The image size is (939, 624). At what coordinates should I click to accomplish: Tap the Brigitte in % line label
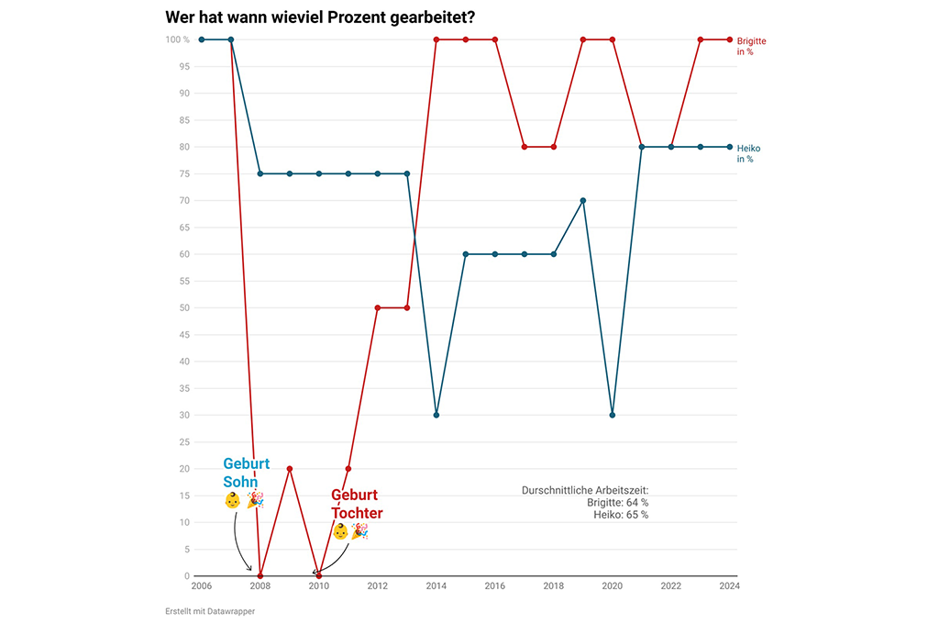[x=751, y=46]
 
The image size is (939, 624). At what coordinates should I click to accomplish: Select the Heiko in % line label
[x=748, y=153]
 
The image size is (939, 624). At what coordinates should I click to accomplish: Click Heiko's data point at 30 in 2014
[x=436, y=415]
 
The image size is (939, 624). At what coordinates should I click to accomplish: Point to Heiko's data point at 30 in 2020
[x=613, y=415]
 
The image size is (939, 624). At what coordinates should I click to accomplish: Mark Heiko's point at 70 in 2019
[x=583, y=200]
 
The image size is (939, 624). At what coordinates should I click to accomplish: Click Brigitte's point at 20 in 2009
[x=290, y=469]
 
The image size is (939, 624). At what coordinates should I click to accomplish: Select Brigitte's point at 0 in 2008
[x=260, y=576]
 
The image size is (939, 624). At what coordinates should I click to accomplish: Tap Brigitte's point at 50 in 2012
[x=378, y=307]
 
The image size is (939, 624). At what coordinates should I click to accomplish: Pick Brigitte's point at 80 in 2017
[x=525, y=147]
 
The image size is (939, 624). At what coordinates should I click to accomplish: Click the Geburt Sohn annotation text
[x=246, y=473]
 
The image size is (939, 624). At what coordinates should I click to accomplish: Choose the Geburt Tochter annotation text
[x=357, y=504]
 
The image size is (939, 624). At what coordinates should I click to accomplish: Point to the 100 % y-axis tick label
[x=177, y=39]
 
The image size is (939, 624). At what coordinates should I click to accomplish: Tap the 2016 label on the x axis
[x=495, y=585]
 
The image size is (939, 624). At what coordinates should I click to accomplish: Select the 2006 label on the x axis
[x=202, y=585]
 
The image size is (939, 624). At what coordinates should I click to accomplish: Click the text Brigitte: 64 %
[x=617, y=503]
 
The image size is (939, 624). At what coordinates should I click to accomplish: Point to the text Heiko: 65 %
[x=621, y=515]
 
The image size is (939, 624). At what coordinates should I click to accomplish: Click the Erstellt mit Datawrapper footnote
[x=210, y=611]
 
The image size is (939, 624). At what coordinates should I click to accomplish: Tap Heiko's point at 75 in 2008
[x=260, y=173]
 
